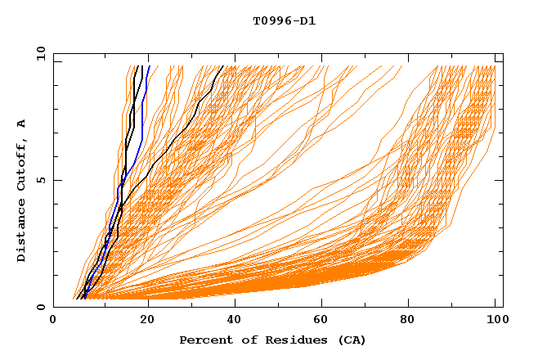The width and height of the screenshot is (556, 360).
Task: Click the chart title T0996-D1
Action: [x=285, y=20]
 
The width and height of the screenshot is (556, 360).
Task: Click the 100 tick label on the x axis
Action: [x=495, y=322]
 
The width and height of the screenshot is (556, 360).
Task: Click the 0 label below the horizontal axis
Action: [x=54, y=322]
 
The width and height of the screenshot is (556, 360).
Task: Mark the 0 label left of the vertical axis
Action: [x=40, y=308]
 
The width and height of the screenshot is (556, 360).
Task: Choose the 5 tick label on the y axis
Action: [x=40, y=181]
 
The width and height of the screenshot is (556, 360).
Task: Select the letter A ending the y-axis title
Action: [x=22, y=123]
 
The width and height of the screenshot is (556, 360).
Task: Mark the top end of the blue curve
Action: [x=149, y=66]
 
